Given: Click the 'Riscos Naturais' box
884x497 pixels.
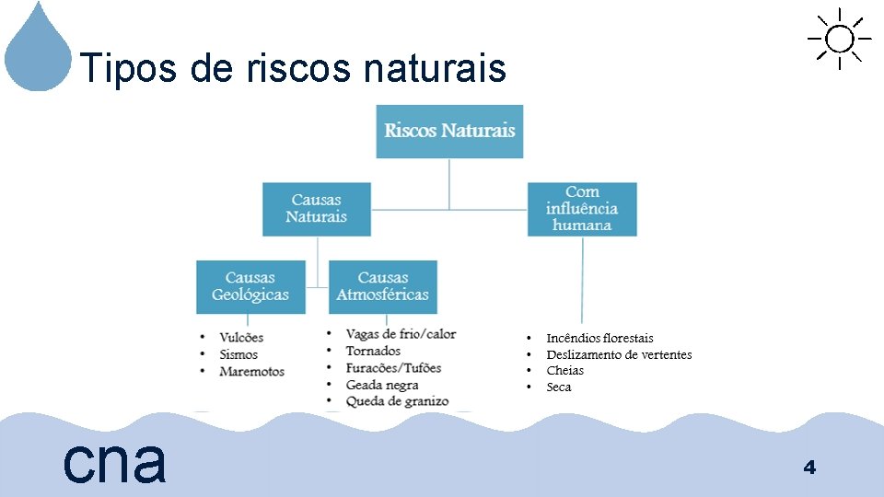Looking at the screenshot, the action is [x=449, y=131].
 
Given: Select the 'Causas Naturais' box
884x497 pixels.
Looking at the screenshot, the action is [x=317, y=209].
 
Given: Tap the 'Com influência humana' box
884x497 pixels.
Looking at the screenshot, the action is [x=582, y=209].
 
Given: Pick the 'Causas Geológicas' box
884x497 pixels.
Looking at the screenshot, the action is [x=250, y=286].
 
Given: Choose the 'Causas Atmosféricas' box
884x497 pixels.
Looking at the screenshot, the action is [x=383, y=286].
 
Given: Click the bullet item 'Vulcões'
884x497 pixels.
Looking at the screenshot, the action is [x=241, y=338].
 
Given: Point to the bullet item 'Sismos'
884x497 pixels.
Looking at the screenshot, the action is [x=238, y=354].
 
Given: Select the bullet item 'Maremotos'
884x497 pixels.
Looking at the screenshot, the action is [x=251, y=371].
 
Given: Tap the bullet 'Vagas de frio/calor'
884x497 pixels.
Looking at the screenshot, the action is [x=401, y=334].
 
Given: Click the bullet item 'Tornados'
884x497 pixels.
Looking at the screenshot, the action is [x=373, y=351].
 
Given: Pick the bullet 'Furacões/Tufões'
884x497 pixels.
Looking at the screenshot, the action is [x=393, y=368].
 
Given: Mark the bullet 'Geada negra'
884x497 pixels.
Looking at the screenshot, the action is [x=382, y=385].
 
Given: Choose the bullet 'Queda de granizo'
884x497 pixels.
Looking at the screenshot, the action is [x=397, y=401].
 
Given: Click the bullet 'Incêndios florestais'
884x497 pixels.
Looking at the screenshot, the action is [x=599, y=339].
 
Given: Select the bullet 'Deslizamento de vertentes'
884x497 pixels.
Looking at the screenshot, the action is [x=619, y=355].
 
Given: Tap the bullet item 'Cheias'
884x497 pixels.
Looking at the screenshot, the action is [x=564, y=371].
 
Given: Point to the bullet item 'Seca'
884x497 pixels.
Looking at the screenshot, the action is [x=559, y=387].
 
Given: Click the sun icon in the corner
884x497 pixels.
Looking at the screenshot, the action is [x=839, y=39].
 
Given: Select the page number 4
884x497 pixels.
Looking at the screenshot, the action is [x=809, y=468].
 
